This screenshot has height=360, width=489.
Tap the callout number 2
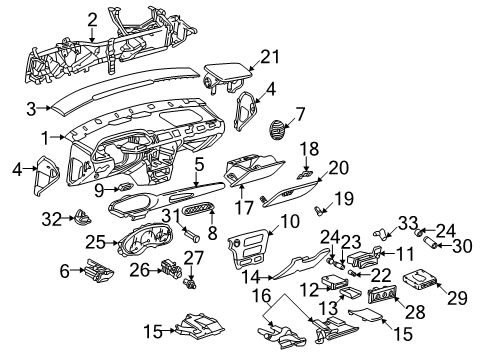coord(92,17)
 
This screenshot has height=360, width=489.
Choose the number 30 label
coord(461,271)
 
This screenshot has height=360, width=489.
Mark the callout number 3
coord(31,107)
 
